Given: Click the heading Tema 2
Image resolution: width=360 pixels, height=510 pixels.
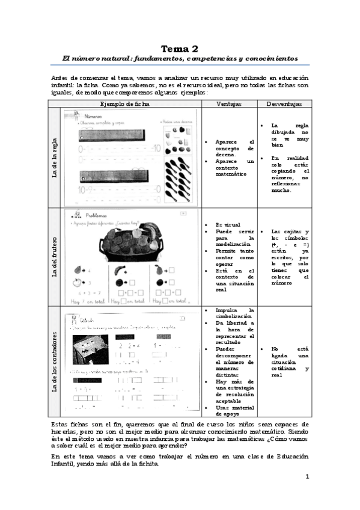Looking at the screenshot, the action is click(180, 48).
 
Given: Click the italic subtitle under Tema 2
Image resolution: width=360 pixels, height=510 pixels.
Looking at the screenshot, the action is click(180, 58).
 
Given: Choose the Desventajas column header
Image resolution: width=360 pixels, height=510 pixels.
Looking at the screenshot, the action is click(285, 103).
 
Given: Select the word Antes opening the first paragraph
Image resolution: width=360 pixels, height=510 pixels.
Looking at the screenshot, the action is click(62, 78).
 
